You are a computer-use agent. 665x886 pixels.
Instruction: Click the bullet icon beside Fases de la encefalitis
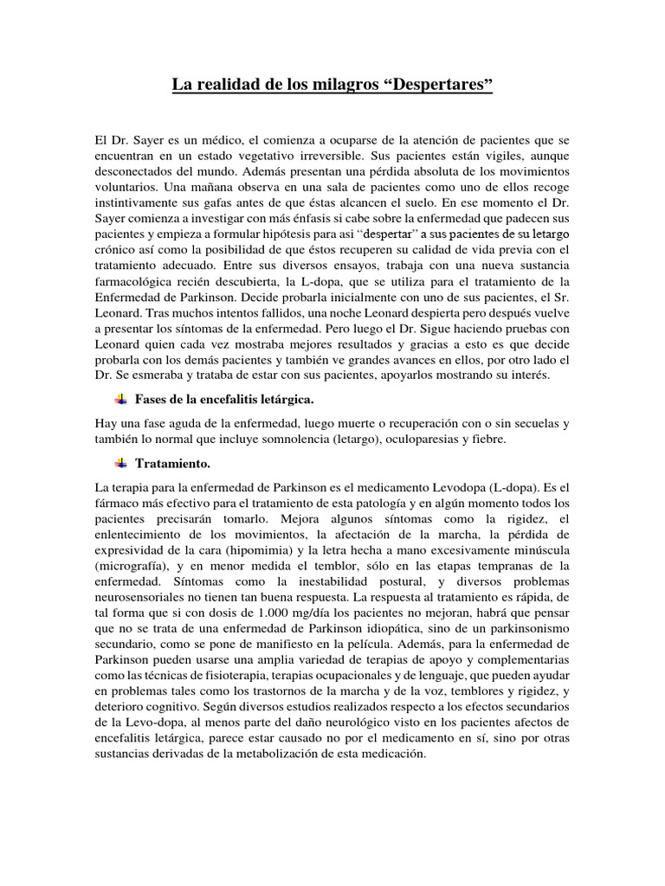[120, 399]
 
